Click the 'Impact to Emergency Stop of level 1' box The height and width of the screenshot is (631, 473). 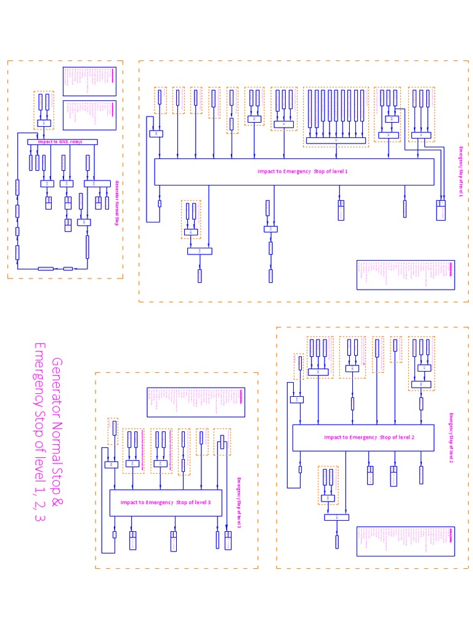(294, 171)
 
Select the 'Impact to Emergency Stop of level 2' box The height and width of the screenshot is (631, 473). (363, 438)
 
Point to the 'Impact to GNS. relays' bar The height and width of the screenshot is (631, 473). (62, 142)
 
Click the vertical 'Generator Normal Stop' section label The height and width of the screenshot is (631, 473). (116, 203)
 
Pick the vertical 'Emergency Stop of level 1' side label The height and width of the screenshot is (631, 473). (460, 172)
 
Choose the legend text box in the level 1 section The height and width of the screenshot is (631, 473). (406, 275)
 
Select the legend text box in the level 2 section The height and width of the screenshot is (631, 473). (406, 541)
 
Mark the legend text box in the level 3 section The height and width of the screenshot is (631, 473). (195, 402)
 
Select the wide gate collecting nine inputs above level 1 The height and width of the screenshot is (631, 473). (336, 140)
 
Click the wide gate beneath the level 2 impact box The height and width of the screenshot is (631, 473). (336, 517)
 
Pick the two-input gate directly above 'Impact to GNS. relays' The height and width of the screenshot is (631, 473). (44, 123)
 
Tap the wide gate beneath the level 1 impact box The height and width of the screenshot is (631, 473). (200, 251)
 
